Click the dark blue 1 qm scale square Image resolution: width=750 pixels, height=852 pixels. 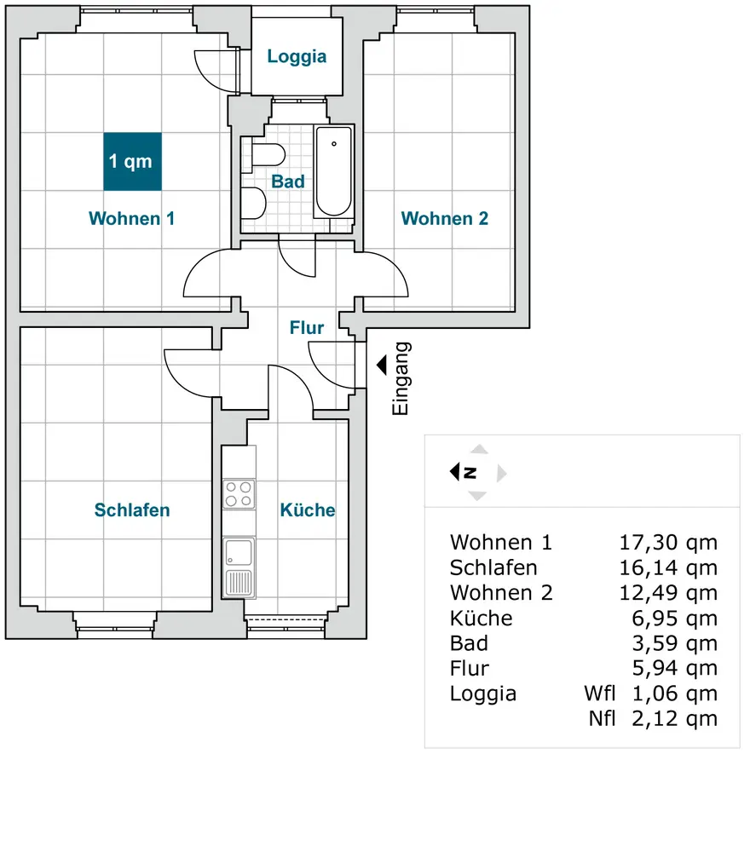[133, 162]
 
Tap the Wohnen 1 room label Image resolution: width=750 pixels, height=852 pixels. [132, 219]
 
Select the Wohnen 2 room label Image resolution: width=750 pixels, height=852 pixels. [445, 219]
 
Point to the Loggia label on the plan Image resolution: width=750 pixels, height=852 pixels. [297, 57]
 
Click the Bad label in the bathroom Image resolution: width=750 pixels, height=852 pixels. [288, 181]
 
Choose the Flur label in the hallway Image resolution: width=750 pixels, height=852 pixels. [307, 327]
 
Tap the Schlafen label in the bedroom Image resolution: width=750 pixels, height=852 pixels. [132, 510]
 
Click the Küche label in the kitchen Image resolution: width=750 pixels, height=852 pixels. [308, 510]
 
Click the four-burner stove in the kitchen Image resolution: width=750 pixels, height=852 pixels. [239, 493]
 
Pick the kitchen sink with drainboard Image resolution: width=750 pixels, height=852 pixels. [239, 567]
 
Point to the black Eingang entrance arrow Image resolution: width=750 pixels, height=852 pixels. [381, 365]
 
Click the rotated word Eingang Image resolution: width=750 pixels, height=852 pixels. [401, 379]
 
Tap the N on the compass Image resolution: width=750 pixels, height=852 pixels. [470, 472]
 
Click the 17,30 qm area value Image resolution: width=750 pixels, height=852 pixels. [667, 543]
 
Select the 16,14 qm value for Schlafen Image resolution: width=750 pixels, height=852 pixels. [667, 568]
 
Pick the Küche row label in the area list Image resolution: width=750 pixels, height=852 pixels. [482, 618]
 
